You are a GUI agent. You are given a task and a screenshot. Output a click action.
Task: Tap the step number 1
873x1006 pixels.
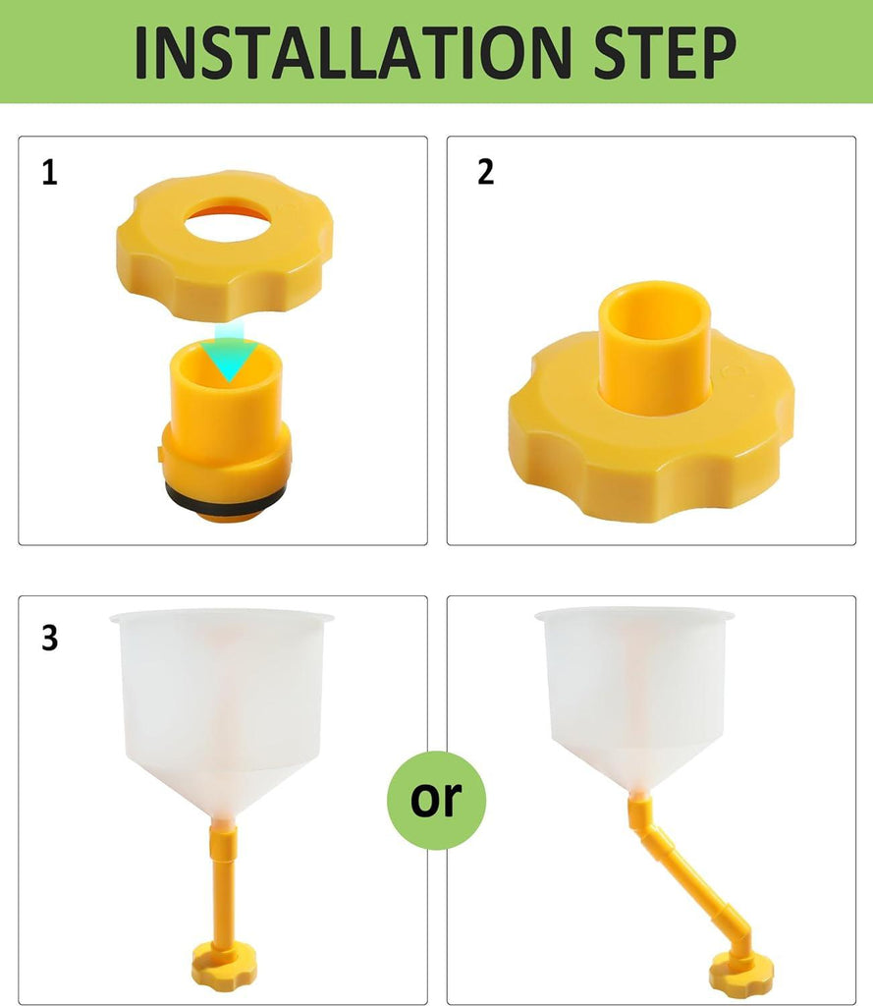point(49,174)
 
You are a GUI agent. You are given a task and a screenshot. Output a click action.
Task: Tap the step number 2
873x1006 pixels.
point(485,172)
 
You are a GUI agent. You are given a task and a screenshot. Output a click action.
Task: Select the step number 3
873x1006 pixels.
point(49,638)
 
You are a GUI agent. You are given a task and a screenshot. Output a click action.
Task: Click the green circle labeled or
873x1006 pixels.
point(436,800)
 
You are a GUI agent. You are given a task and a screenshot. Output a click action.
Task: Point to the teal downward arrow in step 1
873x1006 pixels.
point(230,354)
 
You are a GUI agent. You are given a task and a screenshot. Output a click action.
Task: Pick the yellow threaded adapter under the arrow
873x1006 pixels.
point(225,432)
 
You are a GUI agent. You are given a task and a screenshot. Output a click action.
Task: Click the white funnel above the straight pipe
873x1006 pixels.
point(223,707)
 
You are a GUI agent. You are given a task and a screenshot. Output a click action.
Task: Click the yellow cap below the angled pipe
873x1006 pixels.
point(741,973)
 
